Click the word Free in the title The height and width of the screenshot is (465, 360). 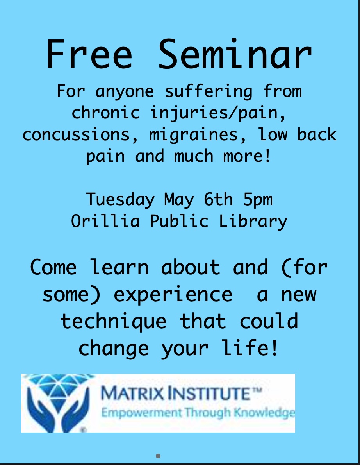(89, 54)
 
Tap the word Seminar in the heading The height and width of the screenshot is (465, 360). (235, 54)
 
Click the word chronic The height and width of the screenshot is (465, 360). (105, 112)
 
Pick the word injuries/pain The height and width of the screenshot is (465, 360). (218, 113)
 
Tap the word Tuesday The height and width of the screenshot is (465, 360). (120, 200)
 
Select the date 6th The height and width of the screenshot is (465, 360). (218, 199)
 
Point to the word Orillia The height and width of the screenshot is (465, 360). (105, 221)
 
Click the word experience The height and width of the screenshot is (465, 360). (173, 295)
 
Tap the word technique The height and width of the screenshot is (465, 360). (113, 321)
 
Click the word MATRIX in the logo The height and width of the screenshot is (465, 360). (132, 393)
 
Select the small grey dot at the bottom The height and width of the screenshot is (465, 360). (158, 456)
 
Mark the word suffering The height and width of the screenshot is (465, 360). (209, 91)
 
